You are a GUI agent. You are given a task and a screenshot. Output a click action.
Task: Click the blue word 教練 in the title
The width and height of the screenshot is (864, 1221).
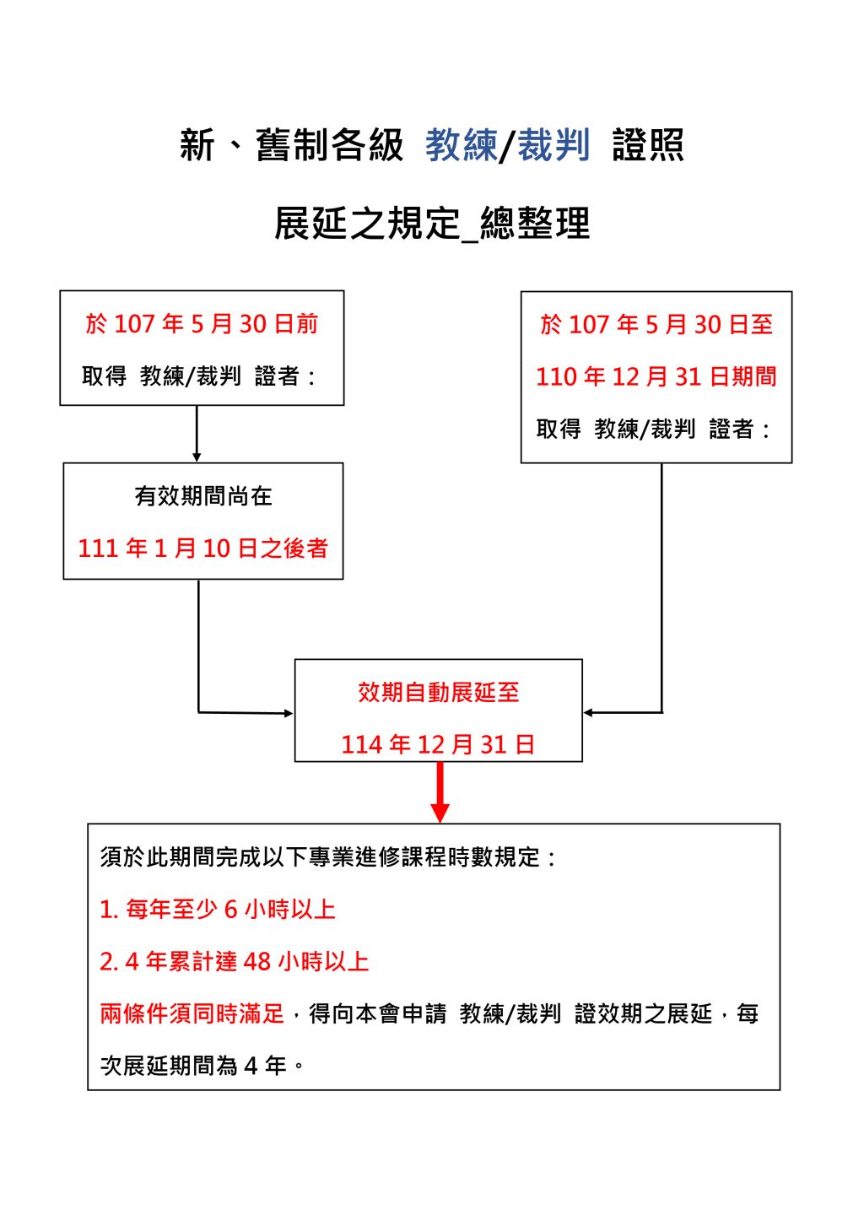coord(462,146)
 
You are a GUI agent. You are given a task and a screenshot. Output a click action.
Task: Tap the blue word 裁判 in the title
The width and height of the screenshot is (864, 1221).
coord(553,146)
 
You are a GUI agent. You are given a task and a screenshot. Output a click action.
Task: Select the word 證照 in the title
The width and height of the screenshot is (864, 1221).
coord(648,146)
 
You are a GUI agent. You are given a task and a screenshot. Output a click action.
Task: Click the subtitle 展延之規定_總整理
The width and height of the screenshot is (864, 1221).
coord(432,224)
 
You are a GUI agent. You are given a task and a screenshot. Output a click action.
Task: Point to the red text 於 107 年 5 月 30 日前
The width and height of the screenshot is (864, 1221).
coord(202,324)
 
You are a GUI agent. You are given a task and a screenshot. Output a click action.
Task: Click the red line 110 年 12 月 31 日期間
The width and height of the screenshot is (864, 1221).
coord(656,376)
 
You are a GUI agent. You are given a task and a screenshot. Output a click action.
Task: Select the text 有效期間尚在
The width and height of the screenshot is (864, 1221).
coord(203,496)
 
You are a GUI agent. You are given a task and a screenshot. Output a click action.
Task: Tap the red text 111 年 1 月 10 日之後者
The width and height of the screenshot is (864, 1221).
coord(203,548)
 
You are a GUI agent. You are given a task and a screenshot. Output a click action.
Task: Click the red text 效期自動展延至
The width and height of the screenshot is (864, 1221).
coord(438,692)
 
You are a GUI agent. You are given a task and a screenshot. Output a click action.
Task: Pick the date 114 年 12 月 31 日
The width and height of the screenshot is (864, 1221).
coord(438,744)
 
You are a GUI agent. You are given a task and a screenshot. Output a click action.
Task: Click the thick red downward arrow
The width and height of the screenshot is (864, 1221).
coord(440,792)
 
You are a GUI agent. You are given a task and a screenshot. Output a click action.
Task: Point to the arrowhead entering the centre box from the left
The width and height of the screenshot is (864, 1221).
coord(289,714)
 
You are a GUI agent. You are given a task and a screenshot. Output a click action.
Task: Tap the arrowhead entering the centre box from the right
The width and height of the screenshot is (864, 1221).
coord(588,712)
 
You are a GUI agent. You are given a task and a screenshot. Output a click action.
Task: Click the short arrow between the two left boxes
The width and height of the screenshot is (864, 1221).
coord(197,434)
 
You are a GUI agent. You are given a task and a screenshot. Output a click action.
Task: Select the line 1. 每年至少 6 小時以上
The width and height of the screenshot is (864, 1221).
coord(218,909)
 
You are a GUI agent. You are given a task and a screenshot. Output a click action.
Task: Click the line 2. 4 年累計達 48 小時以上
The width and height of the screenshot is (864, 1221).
coord(235,962)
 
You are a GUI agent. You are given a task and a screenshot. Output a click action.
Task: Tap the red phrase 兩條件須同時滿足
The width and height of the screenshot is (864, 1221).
coord(192,1014)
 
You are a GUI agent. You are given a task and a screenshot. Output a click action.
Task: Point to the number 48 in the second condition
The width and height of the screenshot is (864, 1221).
coord(257,962)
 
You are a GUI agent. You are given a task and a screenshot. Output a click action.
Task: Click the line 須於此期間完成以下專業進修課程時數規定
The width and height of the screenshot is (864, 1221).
coord(327,856)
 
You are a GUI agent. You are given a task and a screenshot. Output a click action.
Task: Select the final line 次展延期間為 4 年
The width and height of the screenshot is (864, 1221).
coord(202,1066)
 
